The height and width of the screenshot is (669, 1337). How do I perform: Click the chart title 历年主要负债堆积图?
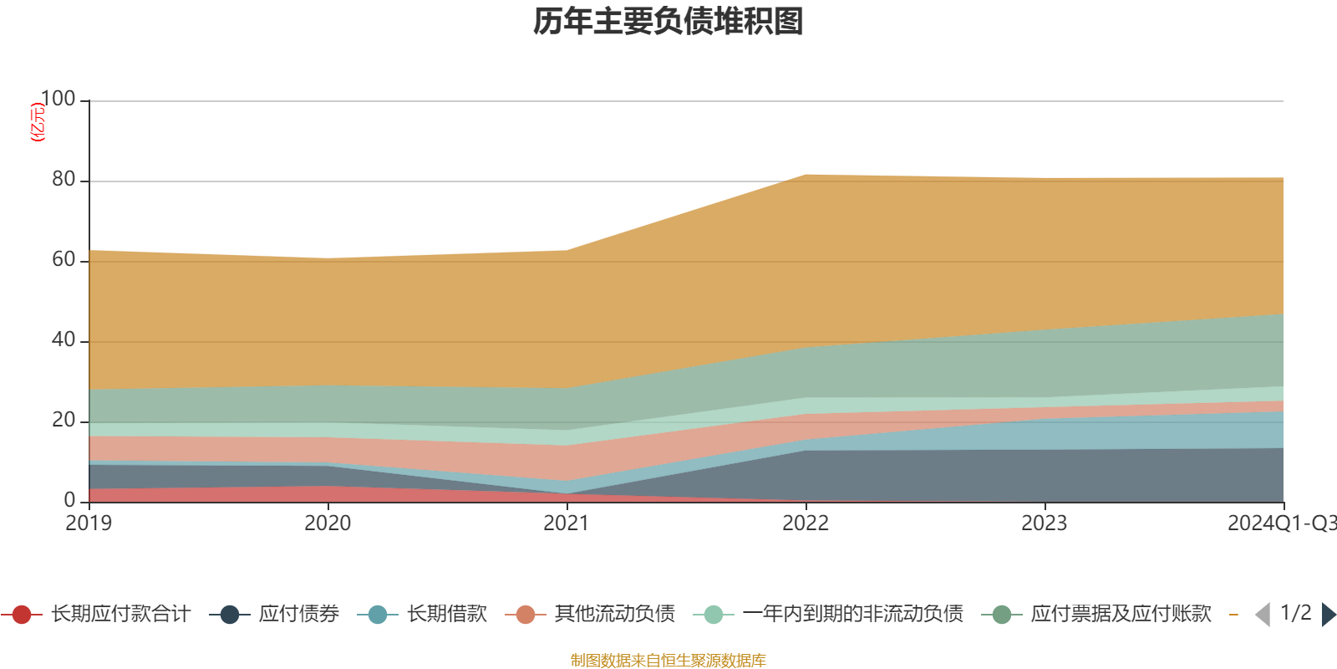[x=668, y=22]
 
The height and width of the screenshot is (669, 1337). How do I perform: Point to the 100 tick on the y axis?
[x=58, y=99]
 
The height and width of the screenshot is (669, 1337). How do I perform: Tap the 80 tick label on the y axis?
[x=64, y=179]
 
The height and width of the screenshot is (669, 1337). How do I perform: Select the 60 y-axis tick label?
[x=64, y=259]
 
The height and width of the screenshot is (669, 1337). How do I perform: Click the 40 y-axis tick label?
[x=64, y=340]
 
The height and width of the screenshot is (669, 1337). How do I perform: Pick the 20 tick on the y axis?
[x=64, y=420]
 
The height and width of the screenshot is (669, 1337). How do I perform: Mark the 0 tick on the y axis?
[x=70, y=500]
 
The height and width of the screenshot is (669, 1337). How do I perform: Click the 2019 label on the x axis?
[x=89, y=523]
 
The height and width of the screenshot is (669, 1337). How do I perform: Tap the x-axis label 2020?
[x=328, y=523]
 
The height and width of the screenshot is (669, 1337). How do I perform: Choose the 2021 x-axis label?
[x=567, y=523]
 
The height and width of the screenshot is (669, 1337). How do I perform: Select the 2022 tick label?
[x=806, y=523]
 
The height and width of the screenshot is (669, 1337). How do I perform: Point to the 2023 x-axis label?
[x=1045, y=523]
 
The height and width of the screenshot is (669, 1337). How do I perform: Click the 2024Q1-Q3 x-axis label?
[x=1280, y=523]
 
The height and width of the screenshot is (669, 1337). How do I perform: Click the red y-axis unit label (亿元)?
[x=38, y=122]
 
